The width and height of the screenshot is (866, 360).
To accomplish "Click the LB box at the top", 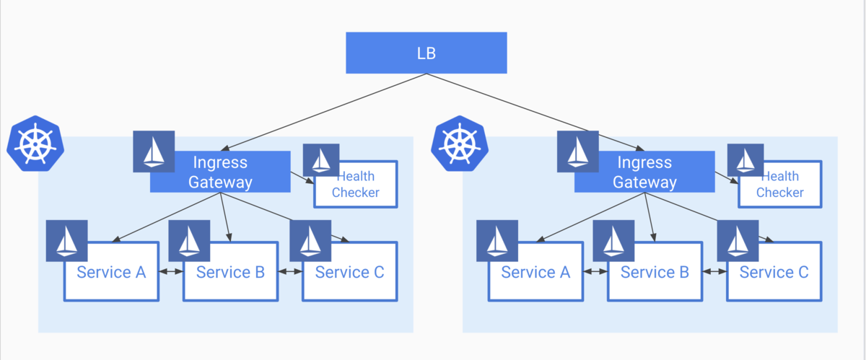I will click(x=426, y=53).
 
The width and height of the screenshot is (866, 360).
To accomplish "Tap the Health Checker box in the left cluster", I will click(x=356, y=185).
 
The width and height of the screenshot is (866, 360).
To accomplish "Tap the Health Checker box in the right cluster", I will click(x=780, y=185).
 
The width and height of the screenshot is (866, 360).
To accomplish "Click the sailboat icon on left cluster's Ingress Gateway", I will click(x=154, y=152).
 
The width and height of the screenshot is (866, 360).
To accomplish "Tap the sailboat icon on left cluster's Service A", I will click(x=66, y=240).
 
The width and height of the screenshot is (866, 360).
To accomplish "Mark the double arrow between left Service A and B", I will click(x=170, y=272).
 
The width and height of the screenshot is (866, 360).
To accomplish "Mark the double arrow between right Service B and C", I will click(x=714, y=272).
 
